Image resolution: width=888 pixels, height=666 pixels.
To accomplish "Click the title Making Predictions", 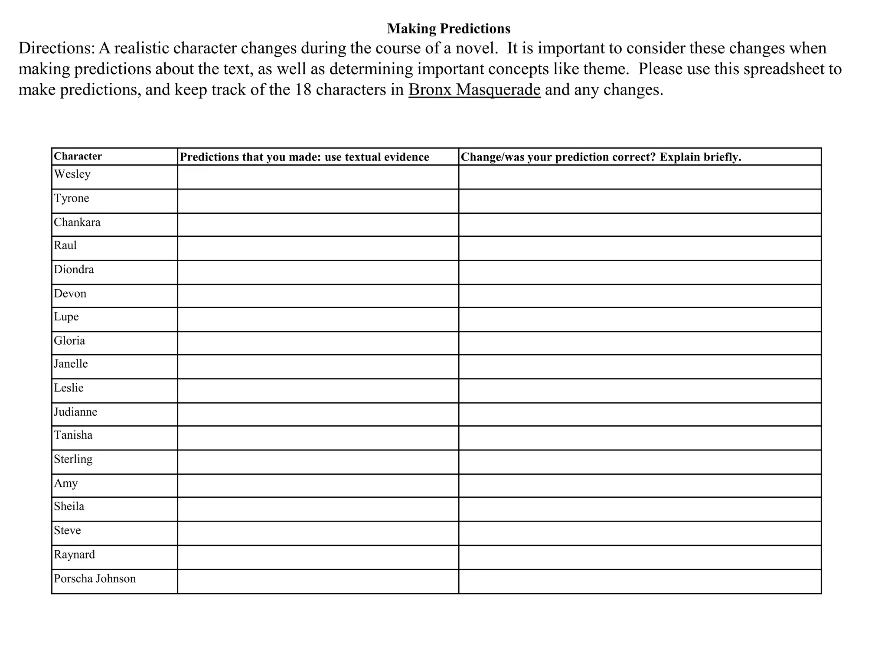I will pyautogui.click(x=448, y=29).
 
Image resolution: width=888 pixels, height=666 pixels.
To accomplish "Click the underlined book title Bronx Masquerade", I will pyautogui.click(x=474, y=90).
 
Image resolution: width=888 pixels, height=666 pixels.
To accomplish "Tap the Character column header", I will pyautogui.click(x=78, y=156).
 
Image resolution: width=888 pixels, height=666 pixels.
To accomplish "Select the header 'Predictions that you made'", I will pyautogui.click(x=304, y=157).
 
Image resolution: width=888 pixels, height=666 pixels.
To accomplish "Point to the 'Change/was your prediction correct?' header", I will pyautogui.click(x=601, y=157).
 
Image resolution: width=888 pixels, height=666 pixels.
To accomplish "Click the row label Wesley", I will pyautogui.click(x=72, y=174).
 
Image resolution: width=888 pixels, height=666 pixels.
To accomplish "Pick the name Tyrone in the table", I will pyautogui.click(x=72, y=198).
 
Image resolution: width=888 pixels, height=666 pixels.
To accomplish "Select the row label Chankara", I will pyautogui.click(x=77, y=222).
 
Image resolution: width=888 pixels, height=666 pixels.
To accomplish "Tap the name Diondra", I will pyautogui.click(x=74, y=270).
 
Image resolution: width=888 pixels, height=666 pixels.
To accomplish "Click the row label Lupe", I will pyautogui.click(x=66, y=317).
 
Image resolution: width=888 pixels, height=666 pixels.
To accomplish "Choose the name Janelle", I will pyautogui.click(x=71, y=363).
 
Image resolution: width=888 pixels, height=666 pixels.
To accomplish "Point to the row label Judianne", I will pyautogui.click(x=75, y=411).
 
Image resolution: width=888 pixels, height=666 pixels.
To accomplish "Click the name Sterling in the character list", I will pyautogui.click(x=73, y=459).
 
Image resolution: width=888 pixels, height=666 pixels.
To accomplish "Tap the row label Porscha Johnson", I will pyautogui.click(x=95, y=578).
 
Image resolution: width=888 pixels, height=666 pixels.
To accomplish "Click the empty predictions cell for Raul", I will pyautogui.click(x=318, y=248).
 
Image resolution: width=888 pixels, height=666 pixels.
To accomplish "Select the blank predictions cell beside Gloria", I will pyautogui.click(x=318, y=343).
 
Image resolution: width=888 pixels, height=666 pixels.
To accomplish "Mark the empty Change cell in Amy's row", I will pyautogui.click(x=640, y=486).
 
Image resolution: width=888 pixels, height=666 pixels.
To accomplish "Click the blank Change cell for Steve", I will pyautogui.click(x=640, y=533).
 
